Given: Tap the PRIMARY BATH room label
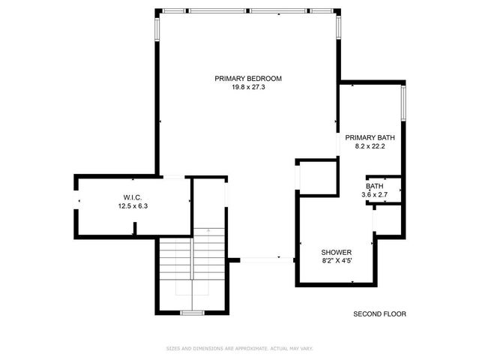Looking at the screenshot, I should pos(370,137).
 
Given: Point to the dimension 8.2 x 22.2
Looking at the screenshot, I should pos(370,146).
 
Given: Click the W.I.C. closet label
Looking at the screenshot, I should pos(133,197).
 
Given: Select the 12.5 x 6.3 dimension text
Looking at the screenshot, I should pos(133,206).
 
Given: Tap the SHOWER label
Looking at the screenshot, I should pos(336,252).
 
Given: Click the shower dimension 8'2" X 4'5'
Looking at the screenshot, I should pos(336,261).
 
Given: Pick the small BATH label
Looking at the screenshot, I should pos(375,186).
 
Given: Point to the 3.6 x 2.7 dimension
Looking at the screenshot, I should pos(375,195).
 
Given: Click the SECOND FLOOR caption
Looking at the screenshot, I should pos(379,314).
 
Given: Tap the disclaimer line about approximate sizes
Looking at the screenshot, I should pos(238,349).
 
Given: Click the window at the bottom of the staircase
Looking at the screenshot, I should pos(193,311).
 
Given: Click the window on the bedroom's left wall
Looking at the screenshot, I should pos(157,28).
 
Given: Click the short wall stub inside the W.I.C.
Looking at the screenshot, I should pos(134,233).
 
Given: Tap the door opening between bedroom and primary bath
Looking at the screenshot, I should pos(337,142).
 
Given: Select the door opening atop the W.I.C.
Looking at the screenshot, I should pos(173,177).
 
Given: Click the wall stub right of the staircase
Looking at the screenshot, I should pos(233,260).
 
